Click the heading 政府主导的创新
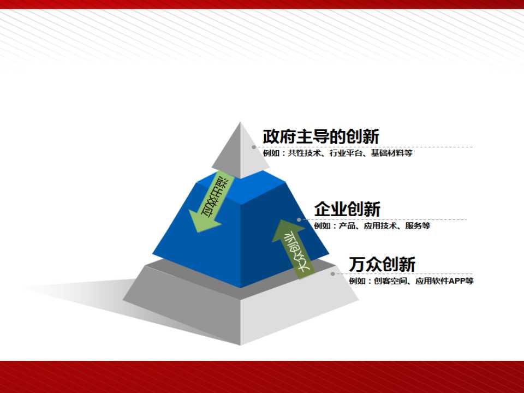click(321, 136)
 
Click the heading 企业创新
click(347, 209)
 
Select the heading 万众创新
click(382, 264)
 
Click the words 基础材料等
click(392, 153)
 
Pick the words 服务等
click(418, 225)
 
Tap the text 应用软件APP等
click(444, 281)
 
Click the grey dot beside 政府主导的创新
click(254, 147)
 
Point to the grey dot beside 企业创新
click(299, 220)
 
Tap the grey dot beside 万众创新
click(333, 274)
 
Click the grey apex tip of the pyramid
click(240, 123)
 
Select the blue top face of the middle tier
click(241, 188)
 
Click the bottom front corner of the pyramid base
click(240, 344)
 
